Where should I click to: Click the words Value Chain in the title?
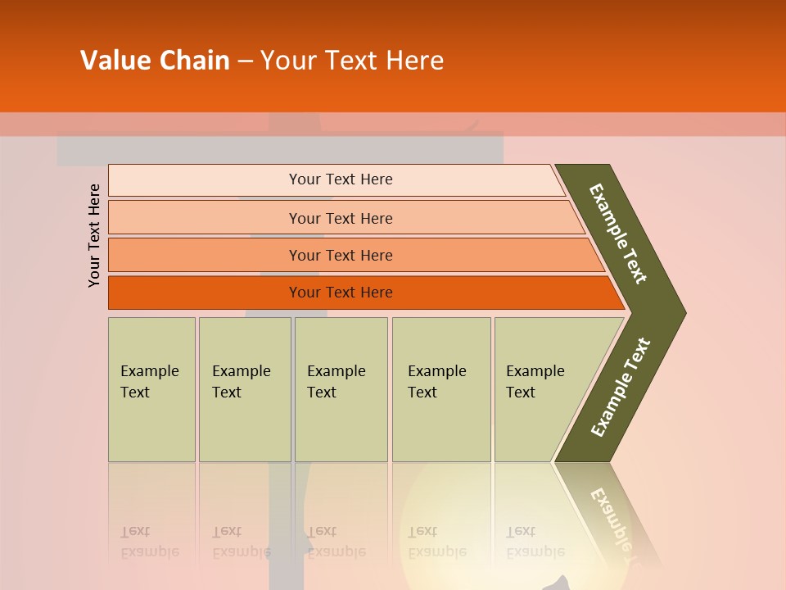point(155,60)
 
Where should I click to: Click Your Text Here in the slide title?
point(352,60)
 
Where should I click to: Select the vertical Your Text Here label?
point(94,235)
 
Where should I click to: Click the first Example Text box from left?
point(151,389)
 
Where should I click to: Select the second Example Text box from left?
point(245,389)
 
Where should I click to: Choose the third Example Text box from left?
point(341,389)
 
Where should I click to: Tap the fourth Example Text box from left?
point(441,389)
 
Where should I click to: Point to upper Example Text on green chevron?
point(618,234)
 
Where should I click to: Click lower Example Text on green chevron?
point(620,388)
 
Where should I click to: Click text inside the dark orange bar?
point(341,293)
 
